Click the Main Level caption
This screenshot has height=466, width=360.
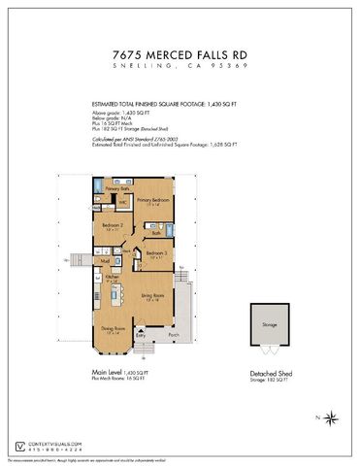(106, 373)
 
